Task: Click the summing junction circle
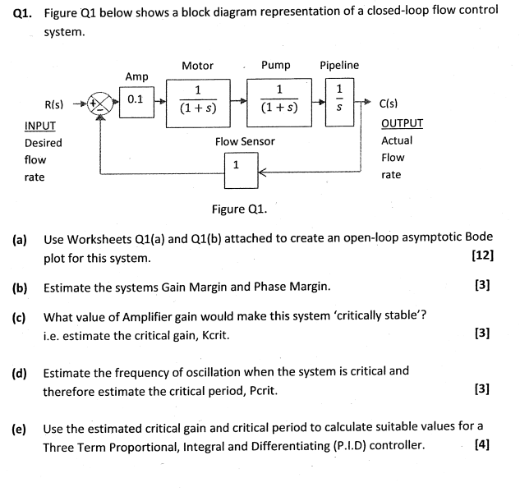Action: pos(99,104)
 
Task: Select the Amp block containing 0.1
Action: pos(136,100)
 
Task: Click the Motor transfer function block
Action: pos(198,100)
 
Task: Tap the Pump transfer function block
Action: pos(279,100)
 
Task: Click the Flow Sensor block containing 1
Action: pos(237,165)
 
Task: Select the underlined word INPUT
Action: pos(40,126)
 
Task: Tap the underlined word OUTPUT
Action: pos(403,124)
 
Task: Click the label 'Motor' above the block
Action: pos(197,66)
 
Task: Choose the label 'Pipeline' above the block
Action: pos(339,65)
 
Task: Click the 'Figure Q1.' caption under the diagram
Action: pos(239,209)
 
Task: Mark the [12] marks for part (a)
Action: pos(483,255)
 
